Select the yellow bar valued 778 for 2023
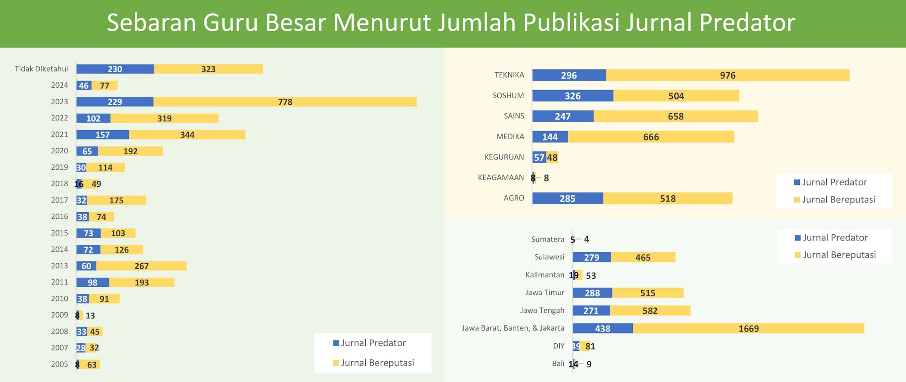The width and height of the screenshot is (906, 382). coord(285,102)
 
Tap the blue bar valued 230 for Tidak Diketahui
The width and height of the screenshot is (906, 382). coord(115,69)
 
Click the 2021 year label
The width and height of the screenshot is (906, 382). coord(59,134)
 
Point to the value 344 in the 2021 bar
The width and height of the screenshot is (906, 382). coord(187,135)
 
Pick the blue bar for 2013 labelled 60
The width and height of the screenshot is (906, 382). coord(86,266)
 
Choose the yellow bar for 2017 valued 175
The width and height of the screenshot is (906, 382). coord(117,200)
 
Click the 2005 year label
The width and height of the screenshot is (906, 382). coord(59,364)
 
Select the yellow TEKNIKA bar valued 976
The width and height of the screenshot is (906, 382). coord(727,75)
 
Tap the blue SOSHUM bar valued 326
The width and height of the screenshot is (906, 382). coord(572,96)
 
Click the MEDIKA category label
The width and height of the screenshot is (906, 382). coord(510,137)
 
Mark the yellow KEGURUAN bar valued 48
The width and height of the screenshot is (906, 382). coord(552,158)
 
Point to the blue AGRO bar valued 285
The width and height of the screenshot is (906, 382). coord(567,199)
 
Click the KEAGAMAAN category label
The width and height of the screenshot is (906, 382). coord(501,178)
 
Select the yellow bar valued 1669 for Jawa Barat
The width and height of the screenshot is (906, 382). coord(748,328)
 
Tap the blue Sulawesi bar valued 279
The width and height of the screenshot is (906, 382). coord(591,257)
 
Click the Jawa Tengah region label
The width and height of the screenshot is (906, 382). coord(542,310)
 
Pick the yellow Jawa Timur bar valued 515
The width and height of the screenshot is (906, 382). coord(647,293)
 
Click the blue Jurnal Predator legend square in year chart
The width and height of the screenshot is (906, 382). coord(336,343)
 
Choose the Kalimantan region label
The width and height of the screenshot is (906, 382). coord(545,275)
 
